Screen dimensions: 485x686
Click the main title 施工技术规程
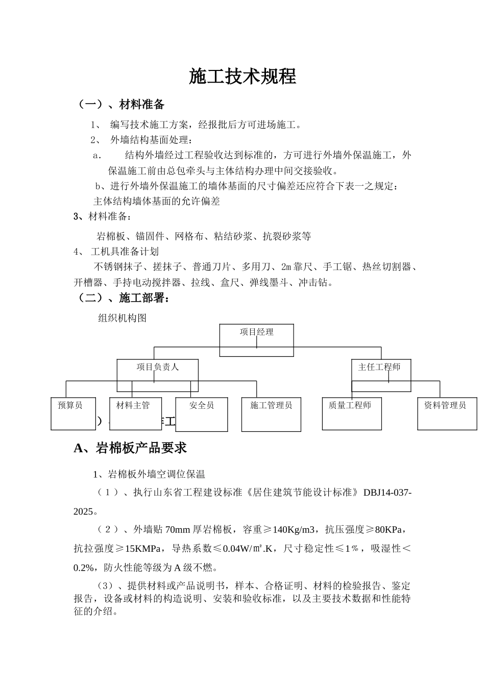(243, 77)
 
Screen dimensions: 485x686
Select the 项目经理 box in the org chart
(256, 340)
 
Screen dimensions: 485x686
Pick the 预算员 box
(70, 413)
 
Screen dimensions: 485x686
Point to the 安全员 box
(201, 413)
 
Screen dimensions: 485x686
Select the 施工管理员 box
(271, 413)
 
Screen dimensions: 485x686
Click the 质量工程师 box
(352, 413)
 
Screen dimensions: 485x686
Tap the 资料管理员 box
(447, 413)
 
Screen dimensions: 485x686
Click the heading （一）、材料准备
(121, 105)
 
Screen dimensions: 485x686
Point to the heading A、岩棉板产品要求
(130, 448)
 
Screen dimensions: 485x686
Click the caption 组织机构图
(123, 318)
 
